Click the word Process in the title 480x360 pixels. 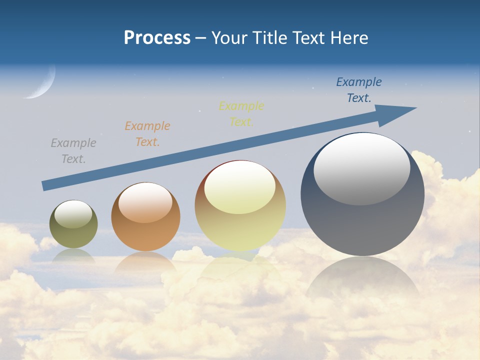coord(157,38)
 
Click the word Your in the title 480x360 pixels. coord(229,38)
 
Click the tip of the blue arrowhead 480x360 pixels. coord(416,108)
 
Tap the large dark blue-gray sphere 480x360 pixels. coord(362,220)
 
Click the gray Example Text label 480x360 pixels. coord(73,151)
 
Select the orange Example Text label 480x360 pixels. coord(147,134)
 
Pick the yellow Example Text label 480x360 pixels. coord(241,114)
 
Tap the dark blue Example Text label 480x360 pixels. coord(359,90)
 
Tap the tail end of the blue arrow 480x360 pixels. coord(45,186)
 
